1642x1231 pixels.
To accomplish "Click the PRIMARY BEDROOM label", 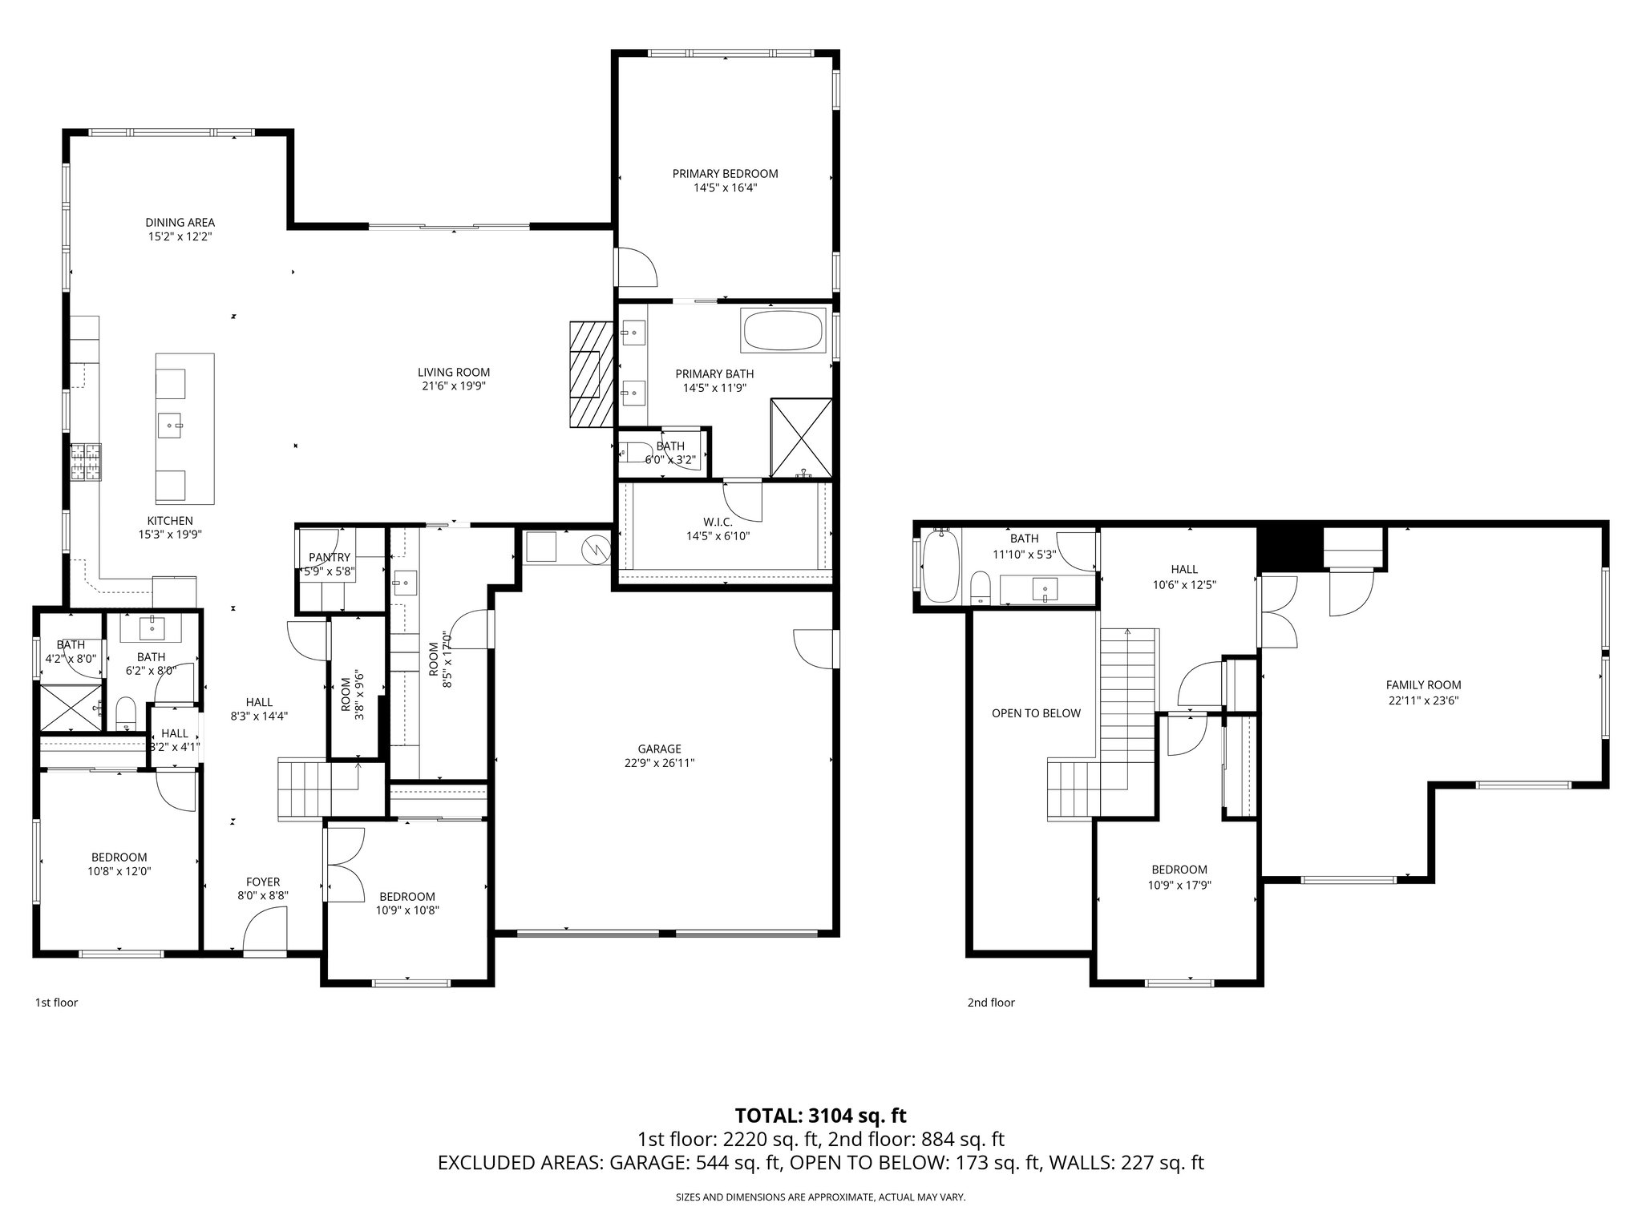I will point(725,174).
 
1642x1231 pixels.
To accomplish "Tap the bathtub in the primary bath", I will point(783,331).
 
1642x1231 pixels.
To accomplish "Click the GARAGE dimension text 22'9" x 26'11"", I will point(660,764).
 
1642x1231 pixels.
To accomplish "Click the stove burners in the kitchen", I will point(86,462).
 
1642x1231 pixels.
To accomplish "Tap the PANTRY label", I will point(330,558).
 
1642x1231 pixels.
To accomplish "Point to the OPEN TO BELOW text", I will point(1036,713).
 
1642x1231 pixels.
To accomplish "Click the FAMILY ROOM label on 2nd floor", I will point(1423,685).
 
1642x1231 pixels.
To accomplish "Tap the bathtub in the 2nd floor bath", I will point(940,566).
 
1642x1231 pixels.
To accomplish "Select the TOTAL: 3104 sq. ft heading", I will point(820,1116).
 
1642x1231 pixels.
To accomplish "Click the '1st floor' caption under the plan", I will point(56,1003).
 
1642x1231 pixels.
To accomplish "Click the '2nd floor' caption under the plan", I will point(991,1003).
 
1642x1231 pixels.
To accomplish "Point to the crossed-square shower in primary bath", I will point(802,437).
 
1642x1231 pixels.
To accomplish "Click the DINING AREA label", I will point(180,223).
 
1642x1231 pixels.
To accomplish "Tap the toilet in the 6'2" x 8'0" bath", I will point(126,712).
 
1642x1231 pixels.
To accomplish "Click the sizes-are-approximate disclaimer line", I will point(820,1197).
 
